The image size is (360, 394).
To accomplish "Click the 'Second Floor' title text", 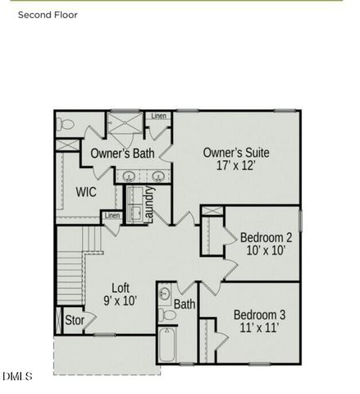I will (48, 15).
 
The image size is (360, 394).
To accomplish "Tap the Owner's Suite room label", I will (236, 153).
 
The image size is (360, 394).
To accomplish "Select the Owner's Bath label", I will (123, 153).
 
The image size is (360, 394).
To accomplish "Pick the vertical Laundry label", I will (150, 204).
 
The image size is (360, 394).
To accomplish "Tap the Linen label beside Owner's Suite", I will (158, 116).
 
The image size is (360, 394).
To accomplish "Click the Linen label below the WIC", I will (112, 216).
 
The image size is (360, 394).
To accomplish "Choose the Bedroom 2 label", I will (267, 238).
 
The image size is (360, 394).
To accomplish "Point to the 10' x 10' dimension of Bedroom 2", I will (267, 252).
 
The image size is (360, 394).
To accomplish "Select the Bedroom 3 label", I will (260, 314).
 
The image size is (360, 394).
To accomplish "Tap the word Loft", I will (121, 287).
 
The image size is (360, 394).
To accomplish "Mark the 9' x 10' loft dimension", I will (121, 301).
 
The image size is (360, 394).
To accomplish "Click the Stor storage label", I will (75, 320).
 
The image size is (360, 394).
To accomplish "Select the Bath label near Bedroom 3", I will (185, 305).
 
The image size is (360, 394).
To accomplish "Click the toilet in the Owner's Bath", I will (66, 125).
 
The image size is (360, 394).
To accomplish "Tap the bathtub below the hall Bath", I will (167, 346).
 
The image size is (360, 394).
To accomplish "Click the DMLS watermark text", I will (17, 377).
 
